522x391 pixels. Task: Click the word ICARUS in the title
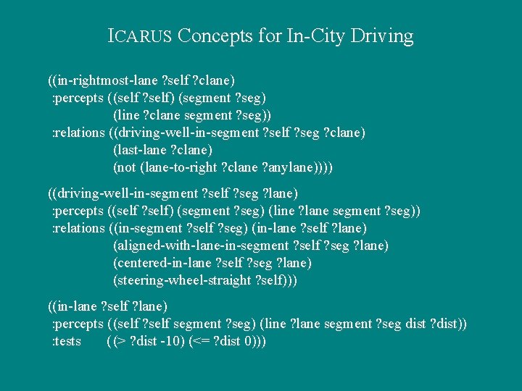point(139,35)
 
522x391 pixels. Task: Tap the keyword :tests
point(66,341)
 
